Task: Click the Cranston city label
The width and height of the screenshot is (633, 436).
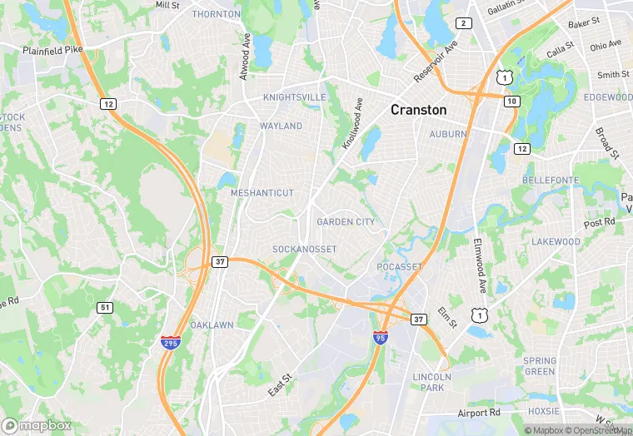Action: (x=418, y=110)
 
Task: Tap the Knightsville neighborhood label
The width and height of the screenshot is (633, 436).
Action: (x=294, y=97)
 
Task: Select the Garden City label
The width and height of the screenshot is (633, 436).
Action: (x=346, y=222)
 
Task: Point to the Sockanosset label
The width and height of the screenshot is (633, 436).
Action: (x=304, y=250)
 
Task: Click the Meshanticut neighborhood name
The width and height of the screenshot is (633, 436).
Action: (x=262, y=193)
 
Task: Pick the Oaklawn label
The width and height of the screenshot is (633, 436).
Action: (x=212, y=325)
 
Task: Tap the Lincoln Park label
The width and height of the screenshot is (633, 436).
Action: (x=431, y=383)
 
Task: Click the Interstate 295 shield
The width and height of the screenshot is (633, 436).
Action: (x=171, y=341)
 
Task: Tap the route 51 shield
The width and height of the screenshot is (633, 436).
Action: (x=104, y=308)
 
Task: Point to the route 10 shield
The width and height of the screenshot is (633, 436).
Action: (x=512, y=101)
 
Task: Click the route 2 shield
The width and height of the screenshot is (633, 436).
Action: (x=465, y=22)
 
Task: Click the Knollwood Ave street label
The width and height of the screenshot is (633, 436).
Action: (x=353, y=124)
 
